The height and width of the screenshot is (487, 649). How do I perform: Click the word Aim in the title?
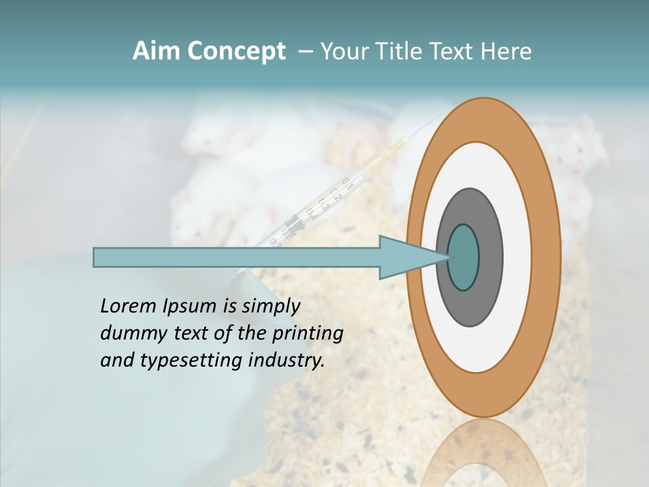[x=156, y=51]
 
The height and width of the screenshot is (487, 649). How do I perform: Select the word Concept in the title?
[x=235, y=51]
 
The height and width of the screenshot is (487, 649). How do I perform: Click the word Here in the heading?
[x=506, y=51]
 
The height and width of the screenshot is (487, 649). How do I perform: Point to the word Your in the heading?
[x=341, y=51]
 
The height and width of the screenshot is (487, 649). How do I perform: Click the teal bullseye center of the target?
[x=464, y=258]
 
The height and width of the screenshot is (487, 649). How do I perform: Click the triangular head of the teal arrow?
[x=406, y=258]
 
